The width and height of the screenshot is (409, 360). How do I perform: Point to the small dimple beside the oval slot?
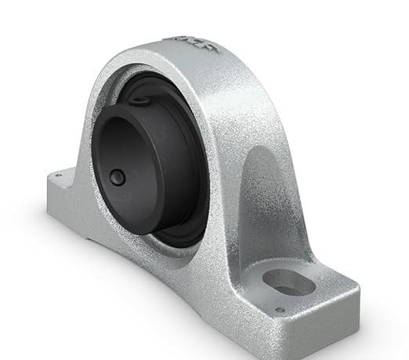click(x=279, y=309)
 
